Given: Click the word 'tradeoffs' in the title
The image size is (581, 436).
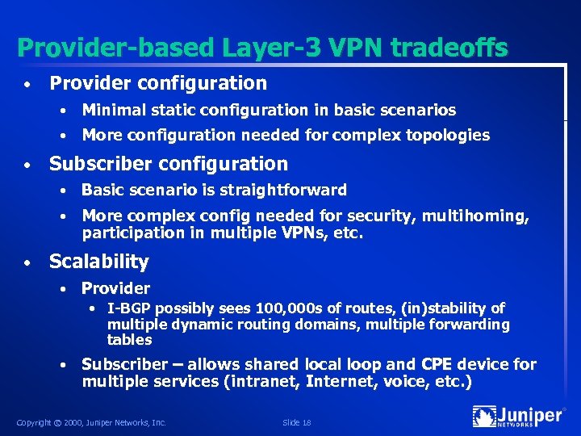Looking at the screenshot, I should pyautogui.click(x=449, y=48).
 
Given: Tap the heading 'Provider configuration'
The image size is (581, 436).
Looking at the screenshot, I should pyautogui.click(x=158, y=83).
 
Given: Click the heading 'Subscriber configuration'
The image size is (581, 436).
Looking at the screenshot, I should pyautogui.click(x=169, y=164).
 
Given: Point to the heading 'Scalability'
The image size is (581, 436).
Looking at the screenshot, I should pyautogui.click(x=99, y=262).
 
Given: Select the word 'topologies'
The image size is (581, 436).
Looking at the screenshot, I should pyautogui.click(x=449, y=135).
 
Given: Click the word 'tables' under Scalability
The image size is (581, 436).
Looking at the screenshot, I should pyautogui.click(x=129, y=340).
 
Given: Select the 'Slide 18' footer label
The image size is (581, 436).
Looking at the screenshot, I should pyautogui.click(x=298, y=422).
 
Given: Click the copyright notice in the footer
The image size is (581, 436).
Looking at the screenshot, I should pyautogui.click(x=91, y=422).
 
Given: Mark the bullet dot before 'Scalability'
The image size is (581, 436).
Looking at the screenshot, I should pyautogui.click(x=27, y=263).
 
